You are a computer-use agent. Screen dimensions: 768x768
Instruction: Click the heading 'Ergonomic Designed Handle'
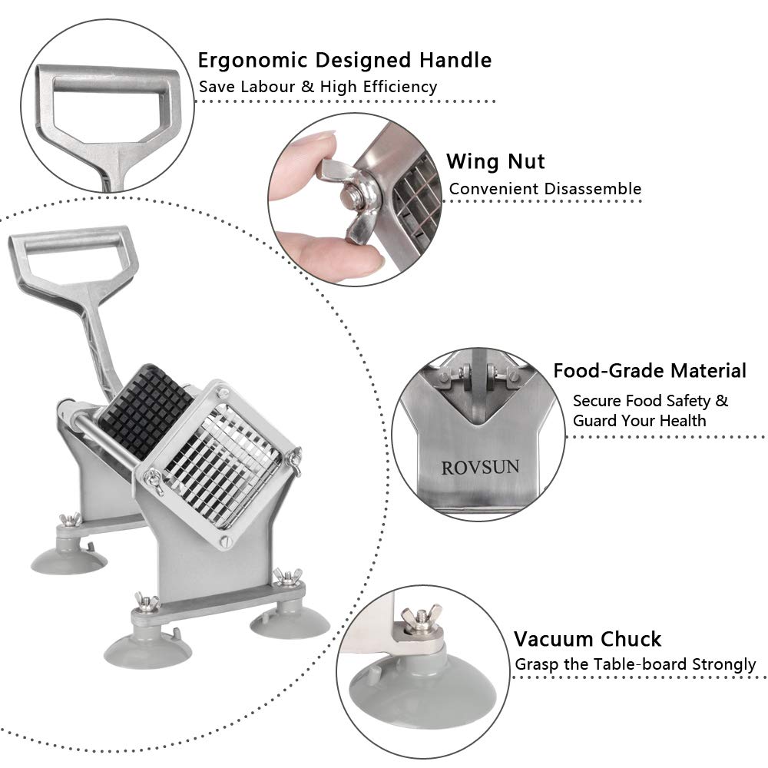pos(345,60)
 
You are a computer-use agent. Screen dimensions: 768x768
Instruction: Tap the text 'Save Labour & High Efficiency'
pos(318,87)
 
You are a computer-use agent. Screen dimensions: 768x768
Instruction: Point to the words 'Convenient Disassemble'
pos(545,188)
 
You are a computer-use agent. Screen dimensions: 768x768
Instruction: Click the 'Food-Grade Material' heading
pos(650,371)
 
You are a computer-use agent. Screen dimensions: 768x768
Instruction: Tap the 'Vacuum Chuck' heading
pos(588,638)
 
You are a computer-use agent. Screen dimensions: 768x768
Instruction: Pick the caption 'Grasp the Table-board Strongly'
pos(635,664)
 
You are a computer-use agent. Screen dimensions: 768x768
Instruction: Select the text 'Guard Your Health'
pos(639,421)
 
